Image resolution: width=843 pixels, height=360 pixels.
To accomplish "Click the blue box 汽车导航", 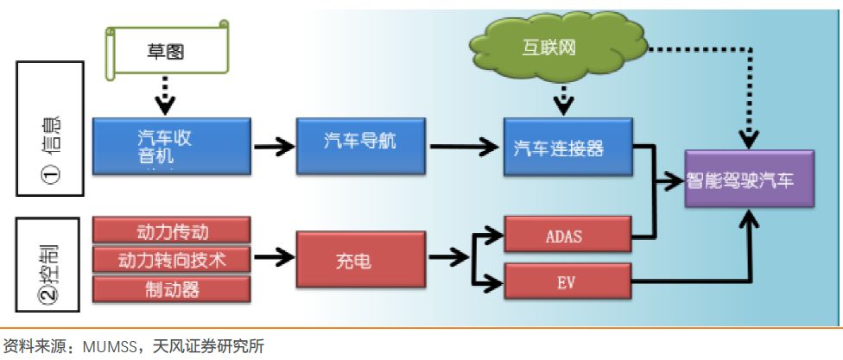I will [361, 143].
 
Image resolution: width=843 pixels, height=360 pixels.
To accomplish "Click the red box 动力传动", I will [172, 231].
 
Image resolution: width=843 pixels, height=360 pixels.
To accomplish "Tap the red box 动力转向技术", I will [172, 259].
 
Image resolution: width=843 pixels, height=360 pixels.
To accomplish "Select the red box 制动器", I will [172, 288].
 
